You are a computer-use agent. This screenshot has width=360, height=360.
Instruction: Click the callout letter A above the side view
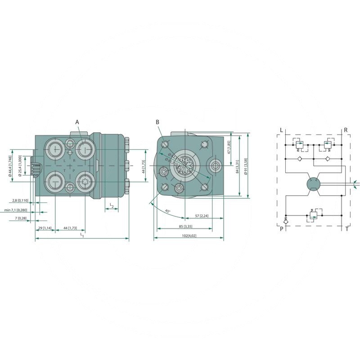(x=77, y=122)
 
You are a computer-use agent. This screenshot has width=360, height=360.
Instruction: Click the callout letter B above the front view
(x=157, y=122)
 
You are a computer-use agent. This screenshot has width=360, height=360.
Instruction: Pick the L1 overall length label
(x=82, y=235)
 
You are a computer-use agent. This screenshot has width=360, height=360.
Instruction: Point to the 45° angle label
(x=167, y=211)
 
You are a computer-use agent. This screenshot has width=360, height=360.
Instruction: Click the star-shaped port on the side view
(x=84, y=183)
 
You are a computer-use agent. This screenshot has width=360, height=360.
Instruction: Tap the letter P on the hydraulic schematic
(x=282, y=229)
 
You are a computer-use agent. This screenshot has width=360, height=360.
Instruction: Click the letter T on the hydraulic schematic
(x=346, y=229)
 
